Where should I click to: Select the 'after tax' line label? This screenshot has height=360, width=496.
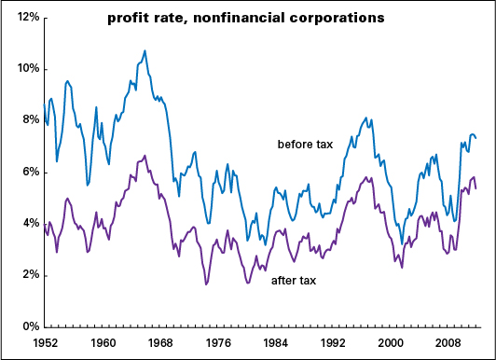pos(296,280)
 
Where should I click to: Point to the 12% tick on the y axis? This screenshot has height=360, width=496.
pos(23,18)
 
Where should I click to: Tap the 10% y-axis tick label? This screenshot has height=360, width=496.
pos(23,69)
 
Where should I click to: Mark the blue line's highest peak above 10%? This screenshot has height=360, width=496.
pos(145,51)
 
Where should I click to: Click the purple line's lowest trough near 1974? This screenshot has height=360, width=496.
pos(206,284)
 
